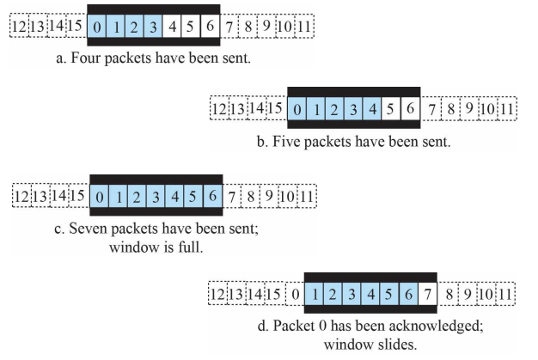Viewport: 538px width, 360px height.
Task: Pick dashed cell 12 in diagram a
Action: pos(19,27)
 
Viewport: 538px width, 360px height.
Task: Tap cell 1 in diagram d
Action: pos(315,295)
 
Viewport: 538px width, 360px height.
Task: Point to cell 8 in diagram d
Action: pos(448,295)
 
